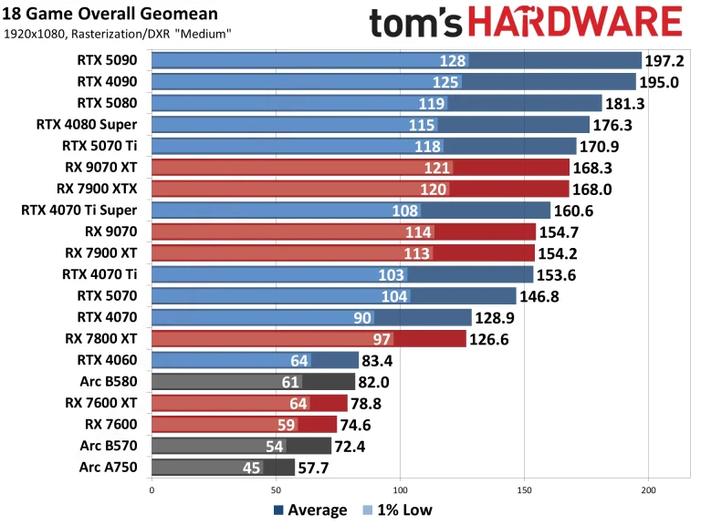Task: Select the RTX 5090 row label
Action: [x=109, y=60]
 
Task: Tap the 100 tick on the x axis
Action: [x=399, y=489]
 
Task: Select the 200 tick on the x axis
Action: [x=648, y=489]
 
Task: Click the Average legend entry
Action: [x=310, y=510]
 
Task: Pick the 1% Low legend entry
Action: [x=398, y=510]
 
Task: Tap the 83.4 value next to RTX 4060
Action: [x=382, y=361]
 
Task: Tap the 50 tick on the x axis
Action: [x=275, y=489]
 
